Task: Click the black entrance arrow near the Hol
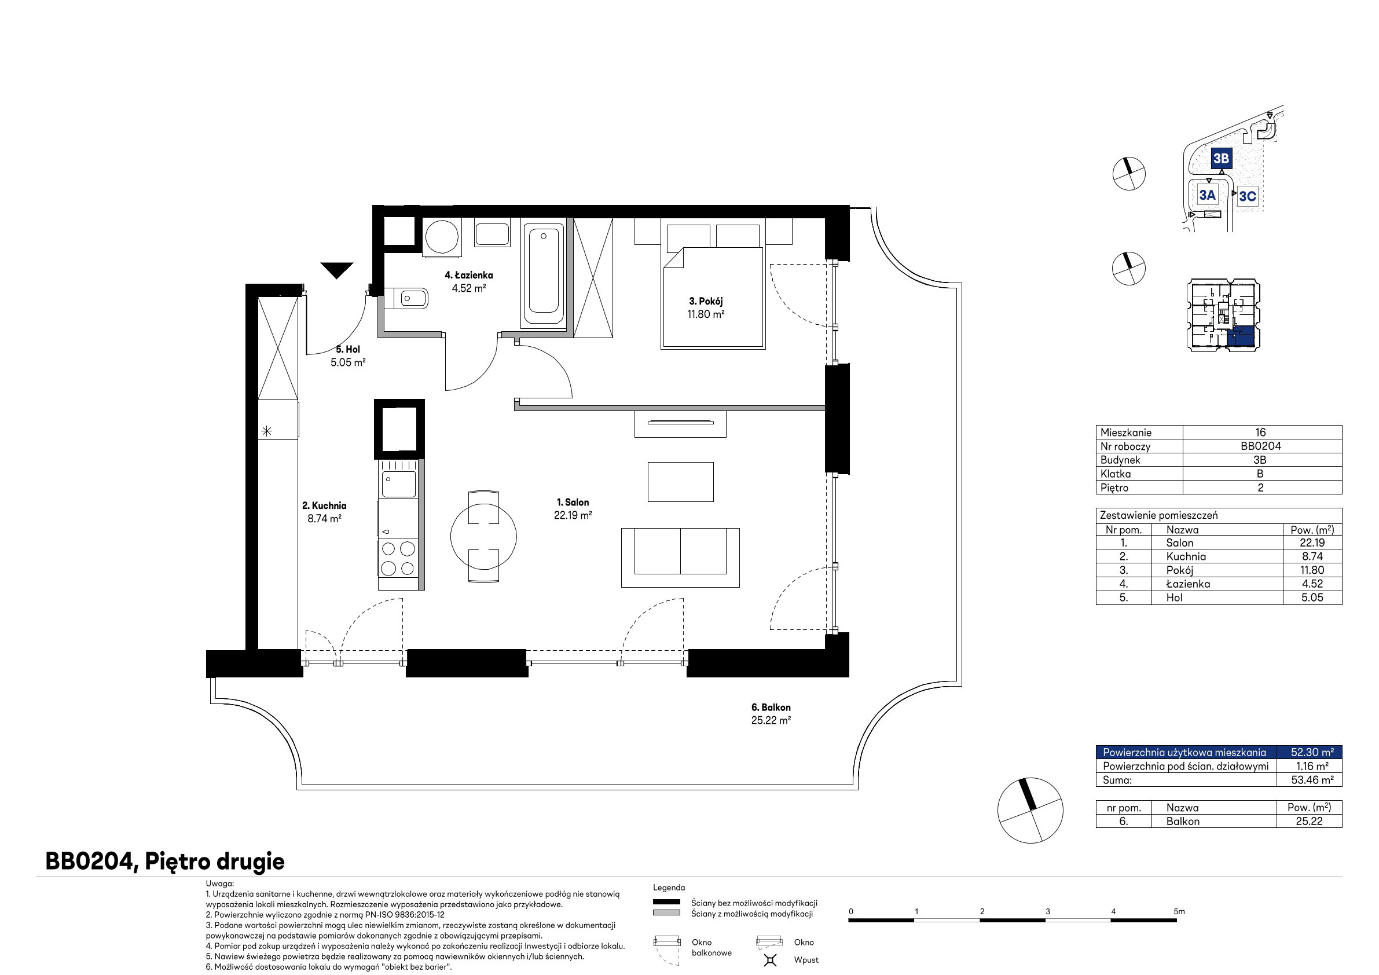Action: pos(336,270)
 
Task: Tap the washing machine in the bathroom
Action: pos(442,237)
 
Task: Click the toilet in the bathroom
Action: pos(406,298)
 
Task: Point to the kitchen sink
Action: pos(397,483)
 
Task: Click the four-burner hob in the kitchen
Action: pos(398,558)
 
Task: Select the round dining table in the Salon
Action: pos(483,537)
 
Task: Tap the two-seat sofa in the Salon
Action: pos(680,557)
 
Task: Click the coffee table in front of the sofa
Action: pos(680,481)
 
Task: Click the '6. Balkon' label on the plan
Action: pos(771,707)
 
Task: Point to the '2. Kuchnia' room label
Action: pos(324,506)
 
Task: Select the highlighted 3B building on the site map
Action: pos(1221,158)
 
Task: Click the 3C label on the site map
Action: pos(1248,196)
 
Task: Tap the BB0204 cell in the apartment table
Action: pos(1261,446)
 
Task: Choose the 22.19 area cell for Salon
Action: pos(1312,543)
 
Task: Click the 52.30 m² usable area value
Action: pos(1312,752)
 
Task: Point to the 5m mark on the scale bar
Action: pos(1179,911)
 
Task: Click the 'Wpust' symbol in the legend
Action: pos(771,960)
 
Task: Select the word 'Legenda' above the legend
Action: pos(669,888)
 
